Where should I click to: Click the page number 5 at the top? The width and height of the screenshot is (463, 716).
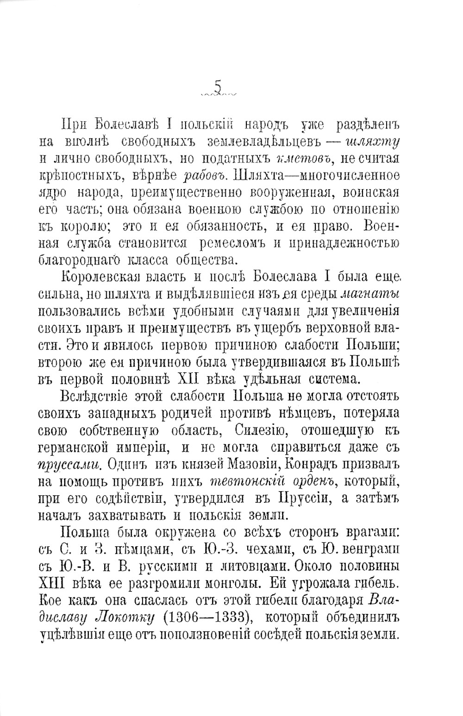click(x=218, y=87)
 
